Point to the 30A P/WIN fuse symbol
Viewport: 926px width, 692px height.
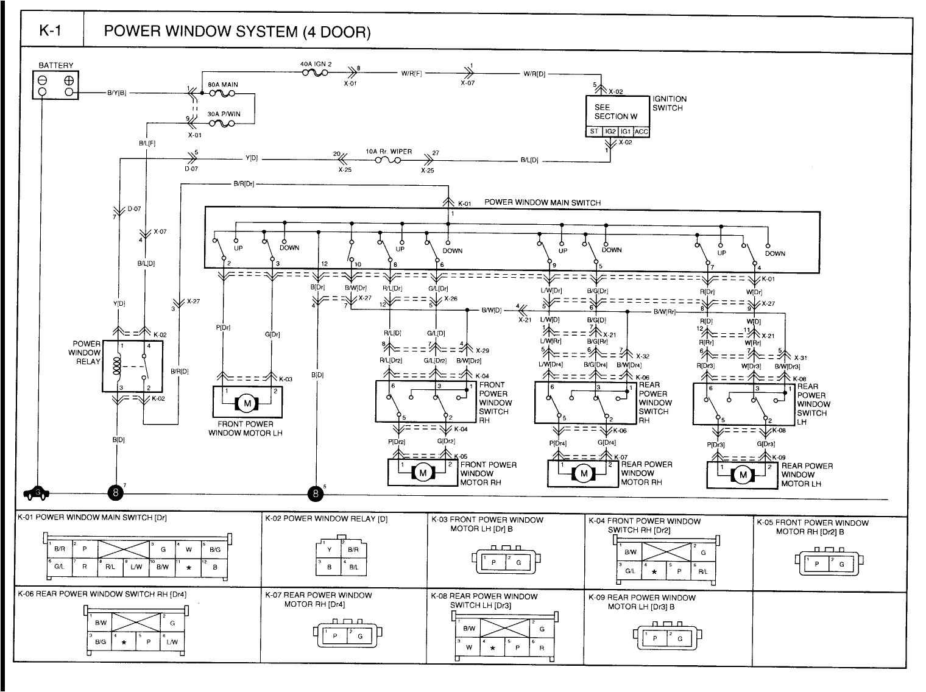point(222,124)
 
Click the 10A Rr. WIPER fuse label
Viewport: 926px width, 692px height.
point(389,152)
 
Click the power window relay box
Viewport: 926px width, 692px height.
point(133,365)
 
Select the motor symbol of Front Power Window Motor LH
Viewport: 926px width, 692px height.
point(247,403)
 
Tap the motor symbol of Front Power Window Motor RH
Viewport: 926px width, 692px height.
point(423,472)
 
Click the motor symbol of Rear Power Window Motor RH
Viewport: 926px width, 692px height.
point(584,473)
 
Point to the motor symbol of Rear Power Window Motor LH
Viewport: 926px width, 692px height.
point(743,475)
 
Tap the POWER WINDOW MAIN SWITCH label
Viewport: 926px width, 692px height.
point(542,203)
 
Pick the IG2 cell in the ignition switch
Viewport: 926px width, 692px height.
point(610,132)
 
